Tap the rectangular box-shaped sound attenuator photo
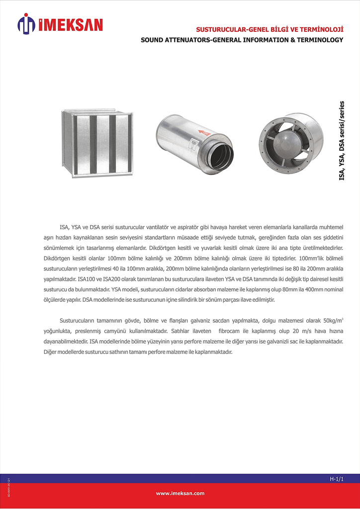click(x=97, y=143)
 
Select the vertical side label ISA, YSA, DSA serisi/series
click(x=342, y=141)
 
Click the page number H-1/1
click(x=337, y=479)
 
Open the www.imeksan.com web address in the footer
click(x=180, y=493)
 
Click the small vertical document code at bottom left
click(x=9, y=487)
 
